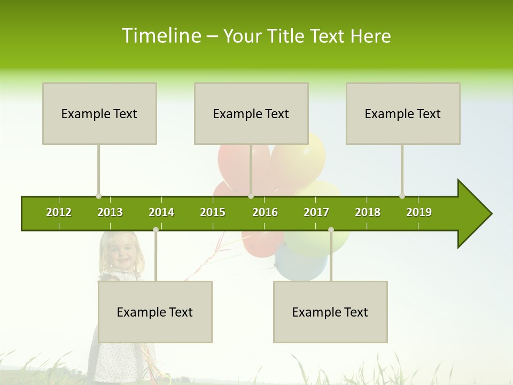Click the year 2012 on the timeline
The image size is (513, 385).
click(x=59, y=212)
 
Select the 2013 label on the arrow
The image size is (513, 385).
click(x=110, y=212)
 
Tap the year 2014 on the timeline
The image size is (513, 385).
click(x=161, y=212)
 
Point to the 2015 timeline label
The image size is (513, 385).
click(x=213, y=212)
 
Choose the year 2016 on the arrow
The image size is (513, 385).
click(x=265, y=212)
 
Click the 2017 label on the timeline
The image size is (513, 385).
click(x=316, y=212)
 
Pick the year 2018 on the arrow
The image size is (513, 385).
click(x=368, y=212)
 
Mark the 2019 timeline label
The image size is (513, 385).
click(x=419, y=212)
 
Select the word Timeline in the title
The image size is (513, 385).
click(x=161, y=36)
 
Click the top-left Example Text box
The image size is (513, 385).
click(x=99, y=113)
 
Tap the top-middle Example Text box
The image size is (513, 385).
click(x=251, y=113)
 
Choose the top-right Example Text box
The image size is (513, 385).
click(x=403, y=113)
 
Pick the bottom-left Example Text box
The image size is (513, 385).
click(x=155, y=312)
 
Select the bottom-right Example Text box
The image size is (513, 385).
click(x=330, y=312)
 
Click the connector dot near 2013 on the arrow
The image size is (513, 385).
click(x=98, y=196)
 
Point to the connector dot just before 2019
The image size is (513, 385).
click(x=402, y=196)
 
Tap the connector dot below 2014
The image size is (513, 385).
click(x=156, y=229)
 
